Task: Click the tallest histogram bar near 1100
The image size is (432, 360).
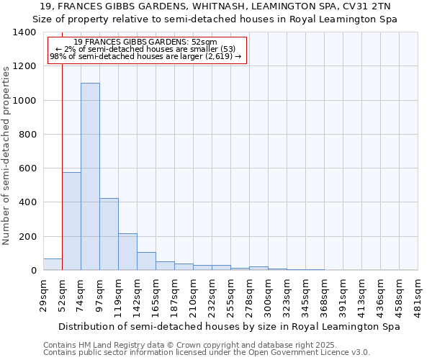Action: click(90, 176)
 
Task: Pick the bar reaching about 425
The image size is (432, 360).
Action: click(109, 234)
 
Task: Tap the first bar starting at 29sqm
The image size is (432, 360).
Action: click(53, 264)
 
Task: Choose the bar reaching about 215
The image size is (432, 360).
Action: click(127, 252)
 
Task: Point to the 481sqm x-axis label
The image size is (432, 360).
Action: click(418, 294)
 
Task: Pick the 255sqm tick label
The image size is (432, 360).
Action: click(230, 294)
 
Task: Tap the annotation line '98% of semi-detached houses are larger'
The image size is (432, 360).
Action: click(145, 56)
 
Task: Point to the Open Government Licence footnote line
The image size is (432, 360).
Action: click(207, 353)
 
